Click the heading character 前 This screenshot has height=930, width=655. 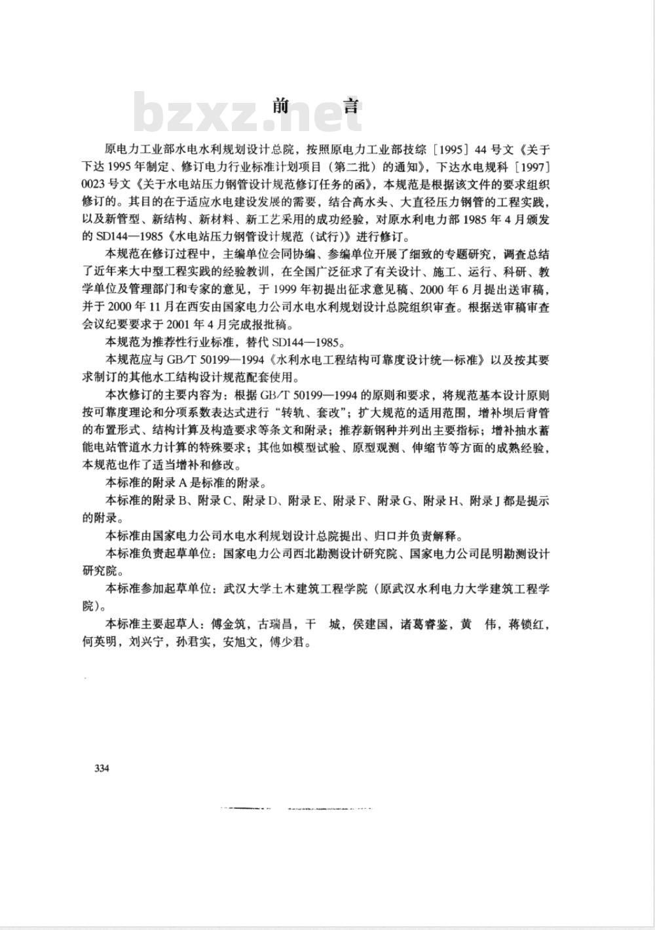point(282,106)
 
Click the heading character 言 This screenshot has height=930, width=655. point(351,106)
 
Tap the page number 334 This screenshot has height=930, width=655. point(102,768)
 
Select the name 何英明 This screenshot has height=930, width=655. point(100,642)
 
